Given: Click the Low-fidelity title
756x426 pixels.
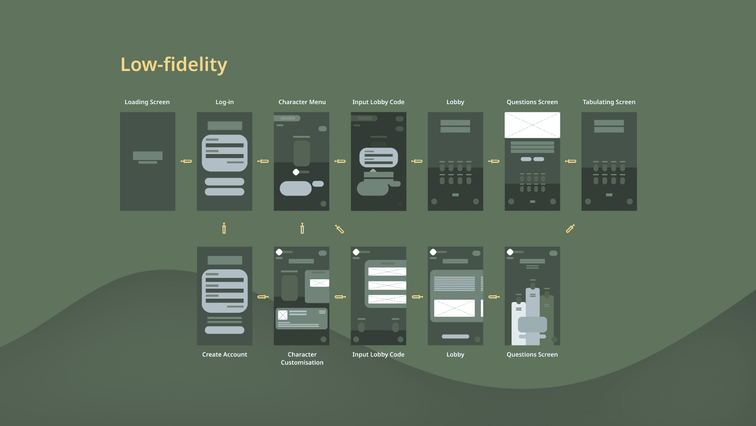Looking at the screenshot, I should (x=173, y=64).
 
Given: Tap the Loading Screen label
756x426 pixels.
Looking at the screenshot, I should (x=147, y=102).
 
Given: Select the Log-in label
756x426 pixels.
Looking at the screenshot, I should (x=224, y=102).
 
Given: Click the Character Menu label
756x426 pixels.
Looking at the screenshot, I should (x=302, y=102).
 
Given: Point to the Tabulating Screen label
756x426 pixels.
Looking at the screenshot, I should (x=609, y=102).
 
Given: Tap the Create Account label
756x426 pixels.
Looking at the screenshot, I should (x=224, y=355).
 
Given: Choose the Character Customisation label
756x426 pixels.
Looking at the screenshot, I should (x=302, y=358).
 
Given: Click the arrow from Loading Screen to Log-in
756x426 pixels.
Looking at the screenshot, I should (x=186, y=161).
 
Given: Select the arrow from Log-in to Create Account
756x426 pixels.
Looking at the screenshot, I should (x=224, y=229).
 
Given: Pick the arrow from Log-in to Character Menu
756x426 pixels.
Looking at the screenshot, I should (x=263, y=161).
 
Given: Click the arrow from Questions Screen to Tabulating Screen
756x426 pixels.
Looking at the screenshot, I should (x=571, y=161).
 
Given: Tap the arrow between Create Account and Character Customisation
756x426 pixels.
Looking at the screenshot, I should (x=263, y=297).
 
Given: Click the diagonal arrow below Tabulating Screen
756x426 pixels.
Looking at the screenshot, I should (x=570, y=229).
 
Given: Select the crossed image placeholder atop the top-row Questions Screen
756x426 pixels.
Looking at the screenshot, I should (x=532, y=125).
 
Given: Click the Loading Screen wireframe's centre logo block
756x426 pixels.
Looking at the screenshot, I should (x=147, y=156).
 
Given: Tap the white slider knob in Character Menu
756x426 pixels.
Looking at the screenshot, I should (x=296, y=172).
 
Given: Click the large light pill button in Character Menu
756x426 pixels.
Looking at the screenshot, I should (x=295, y=188).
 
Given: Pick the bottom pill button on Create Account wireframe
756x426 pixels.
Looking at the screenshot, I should (x=224, y=330).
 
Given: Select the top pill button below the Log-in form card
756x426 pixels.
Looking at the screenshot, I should (x=224, y=182).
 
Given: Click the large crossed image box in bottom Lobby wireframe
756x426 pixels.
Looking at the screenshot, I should (x=454, y=308).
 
